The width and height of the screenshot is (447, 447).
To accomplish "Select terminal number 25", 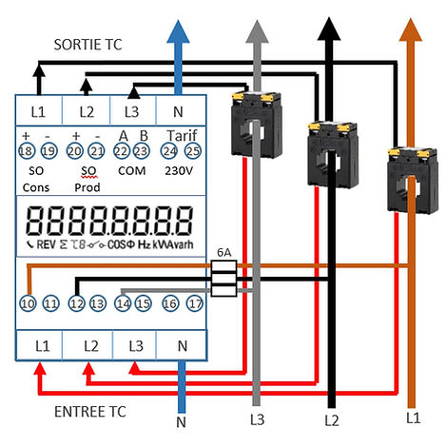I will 193,152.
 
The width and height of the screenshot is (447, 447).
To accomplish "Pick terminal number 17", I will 194,303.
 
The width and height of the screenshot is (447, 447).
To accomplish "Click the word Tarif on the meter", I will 181,134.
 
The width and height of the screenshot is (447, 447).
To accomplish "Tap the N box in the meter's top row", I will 181,111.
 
